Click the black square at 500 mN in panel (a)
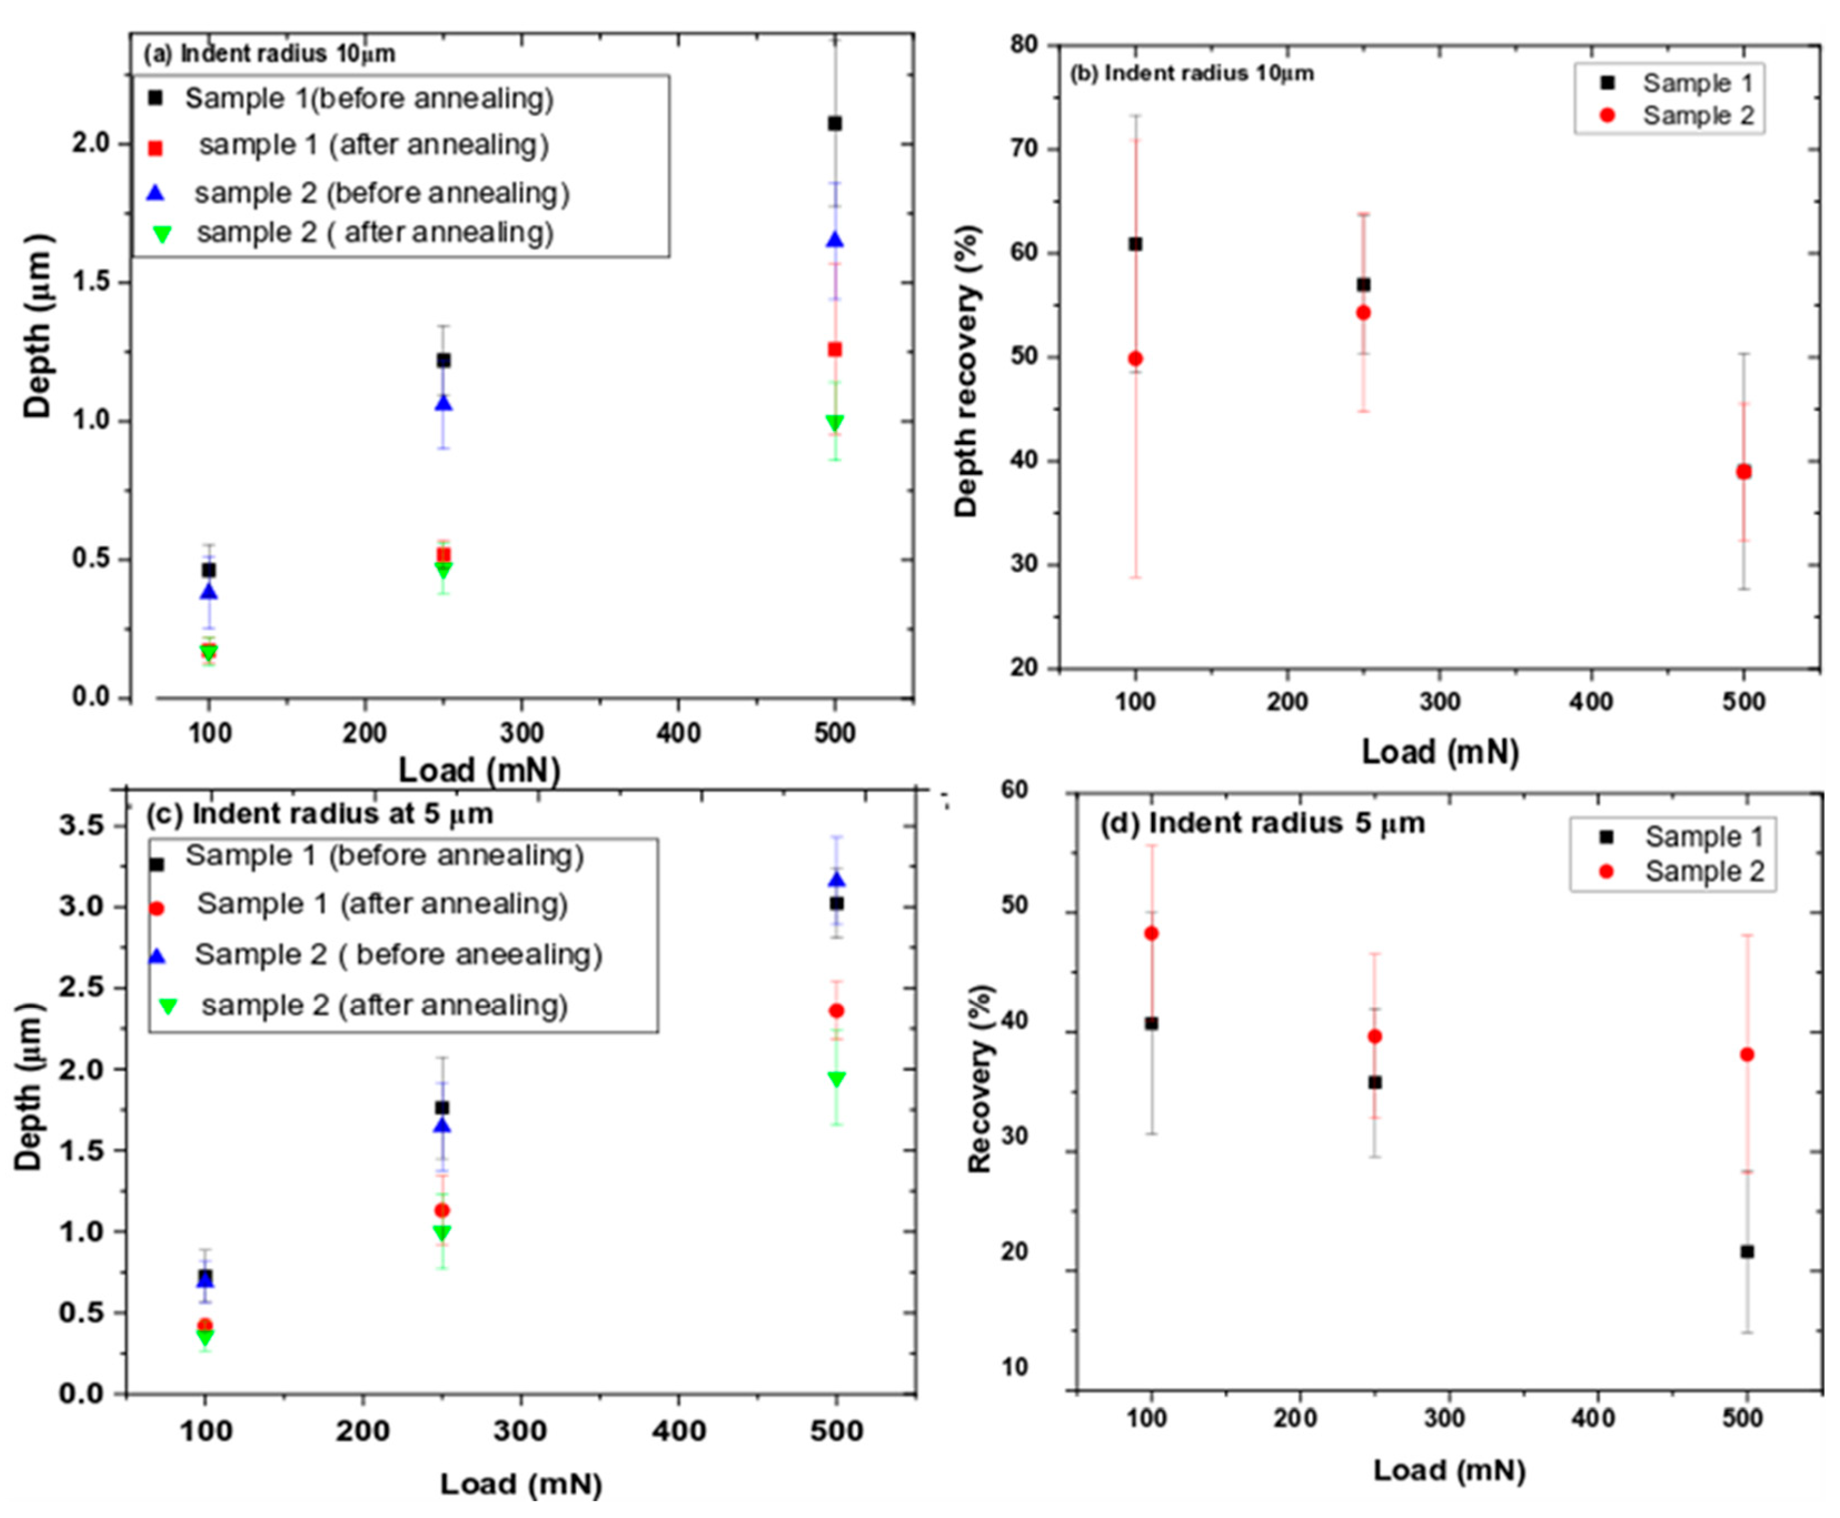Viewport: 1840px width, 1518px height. click(x=834, y=123)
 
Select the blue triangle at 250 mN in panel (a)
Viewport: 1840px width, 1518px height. click(x=444, y=403)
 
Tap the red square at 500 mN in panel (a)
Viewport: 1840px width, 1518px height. click(x=834, y=350)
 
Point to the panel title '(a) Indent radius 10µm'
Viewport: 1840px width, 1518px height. click(x=270, y=54)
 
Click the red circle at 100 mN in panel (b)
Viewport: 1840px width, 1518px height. click(x=1135, y=359)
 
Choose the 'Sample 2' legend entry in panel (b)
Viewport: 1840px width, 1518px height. click(x=1697, y=116)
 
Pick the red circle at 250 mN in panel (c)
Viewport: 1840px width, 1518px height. click(x=442, y=1210)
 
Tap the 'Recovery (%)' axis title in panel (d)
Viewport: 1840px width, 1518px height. click(x=981, y=1078)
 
